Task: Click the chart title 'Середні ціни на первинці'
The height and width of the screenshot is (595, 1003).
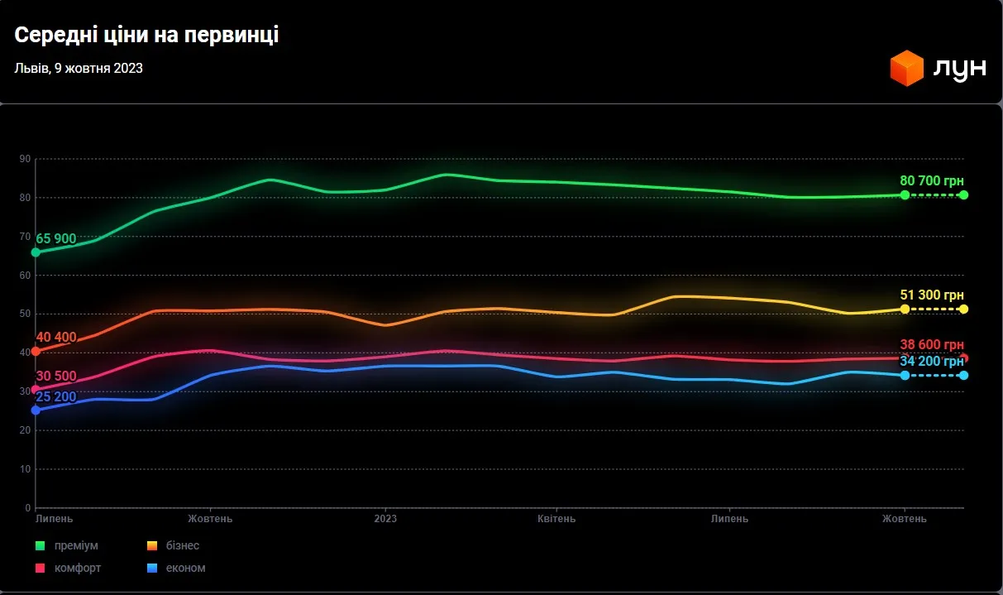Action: pyautogui.click(x=146, y=36)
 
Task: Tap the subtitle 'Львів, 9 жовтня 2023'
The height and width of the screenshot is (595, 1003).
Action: pyautogui.click(x=79, y=69)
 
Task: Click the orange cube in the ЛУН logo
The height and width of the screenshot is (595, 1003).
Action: pyautogui.click(x=906, y=68)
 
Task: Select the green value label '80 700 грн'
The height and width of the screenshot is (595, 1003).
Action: pyautogui.click(x=932, y=180)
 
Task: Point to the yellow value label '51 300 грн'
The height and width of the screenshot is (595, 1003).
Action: pyautogui.click(x=932, y=295)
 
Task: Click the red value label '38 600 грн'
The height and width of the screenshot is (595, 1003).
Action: pyautogui.click(x=932, y=345)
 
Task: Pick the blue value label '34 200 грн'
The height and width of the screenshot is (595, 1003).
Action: pyautogui.click(x=932, y=362)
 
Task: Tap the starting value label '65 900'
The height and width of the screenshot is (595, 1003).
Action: pyautogui.click(x=56, y=239)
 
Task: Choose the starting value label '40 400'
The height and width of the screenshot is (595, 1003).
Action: pyautogui.click(x=56, y=338)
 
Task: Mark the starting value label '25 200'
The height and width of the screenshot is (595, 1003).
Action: pyautogui.click(x=56, y=397)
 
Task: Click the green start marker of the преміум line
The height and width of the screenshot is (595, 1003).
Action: pyautogui.click(x=36, y=252)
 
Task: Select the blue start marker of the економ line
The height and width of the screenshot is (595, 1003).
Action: pyautogui.click(x=36, y=410)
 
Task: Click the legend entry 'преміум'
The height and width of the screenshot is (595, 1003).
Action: pyautogui.click(x=76, y=546)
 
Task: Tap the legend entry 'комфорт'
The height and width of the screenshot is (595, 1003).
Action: pyautogui.click(x=78, y=569)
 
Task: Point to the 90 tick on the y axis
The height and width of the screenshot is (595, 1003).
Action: pyautogui.click(x=26, y=159)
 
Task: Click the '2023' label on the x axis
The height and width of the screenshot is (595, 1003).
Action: pyautogui.click(x=385, y=519)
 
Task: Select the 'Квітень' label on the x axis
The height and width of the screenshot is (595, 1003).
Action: pyautogui.click(x=556, y=519)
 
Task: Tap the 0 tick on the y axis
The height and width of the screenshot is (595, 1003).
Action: pyautogui.click(x=27, y=508)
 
